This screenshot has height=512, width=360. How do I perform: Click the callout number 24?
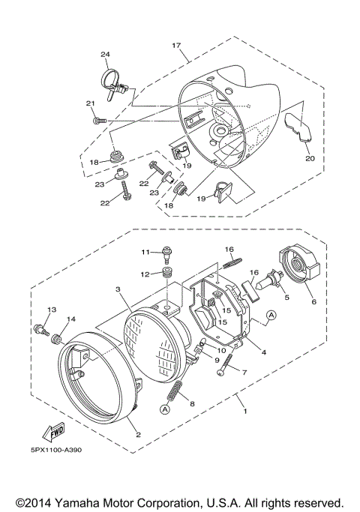pyautogui.click(x=105, y=55)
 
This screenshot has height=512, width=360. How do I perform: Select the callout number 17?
pyautogui.click(x=177, y=46)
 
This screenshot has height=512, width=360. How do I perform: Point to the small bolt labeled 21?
pyautogui.click(x=98, y=119)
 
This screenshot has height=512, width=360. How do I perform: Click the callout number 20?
pyautogui.click(x=309, y=158)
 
